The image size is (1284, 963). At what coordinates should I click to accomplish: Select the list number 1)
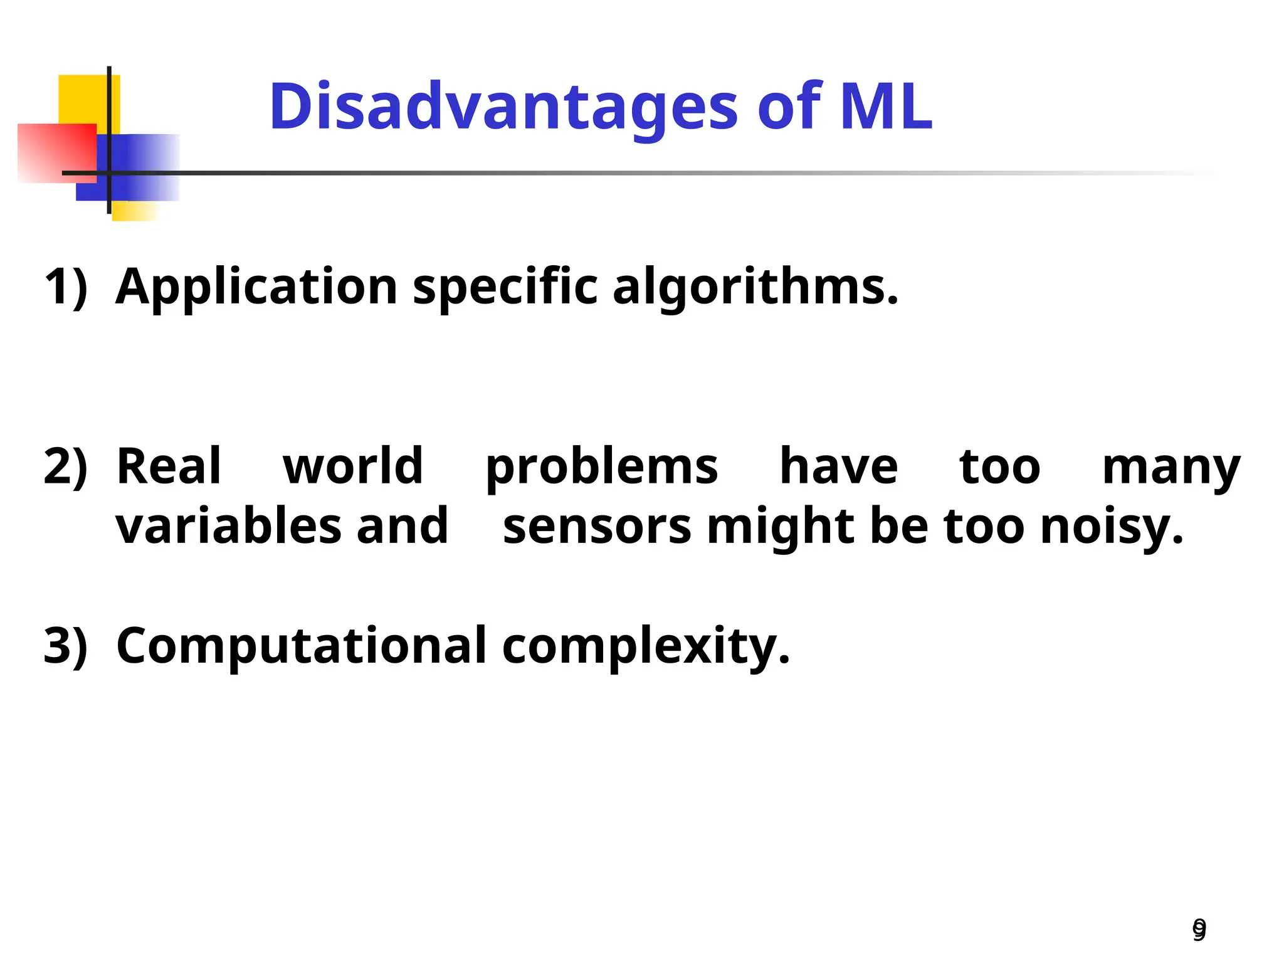pyautogui.click(x=66, y=287)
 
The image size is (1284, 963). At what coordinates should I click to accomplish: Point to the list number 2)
pyautogui.click(x=66, y=466)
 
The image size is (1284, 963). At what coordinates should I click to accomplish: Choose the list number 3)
pyautogui.click(x=66, y=645)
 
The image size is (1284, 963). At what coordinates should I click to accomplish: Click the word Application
pyautogui.click(x=257, y=287)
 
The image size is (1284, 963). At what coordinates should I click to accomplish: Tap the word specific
pyautogui.click(x=505, y=287)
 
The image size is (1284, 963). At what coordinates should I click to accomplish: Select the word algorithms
pyautogui.click(x=755, y=287)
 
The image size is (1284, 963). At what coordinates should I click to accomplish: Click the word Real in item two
pyautogui.click(x=169, y=466)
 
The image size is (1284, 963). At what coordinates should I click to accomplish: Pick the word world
pyautogui.click(x=353, y=466)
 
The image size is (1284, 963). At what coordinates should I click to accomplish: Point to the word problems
pyautogui.click(x=602, y=467)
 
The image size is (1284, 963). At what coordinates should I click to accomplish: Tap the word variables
pyautogui.click(x=228, y=525)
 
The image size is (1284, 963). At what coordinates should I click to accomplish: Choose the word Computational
pyautogui.click(x=302, y=645)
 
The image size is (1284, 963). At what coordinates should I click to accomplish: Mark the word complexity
pyautogui.click(x=646, y=646)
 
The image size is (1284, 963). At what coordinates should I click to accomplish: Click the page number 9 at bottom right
pyautogui.click(x=1199, y=929)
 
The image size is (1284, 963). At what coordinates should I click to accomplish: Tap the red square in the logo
pyautogui.click(x=56, y=153)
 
